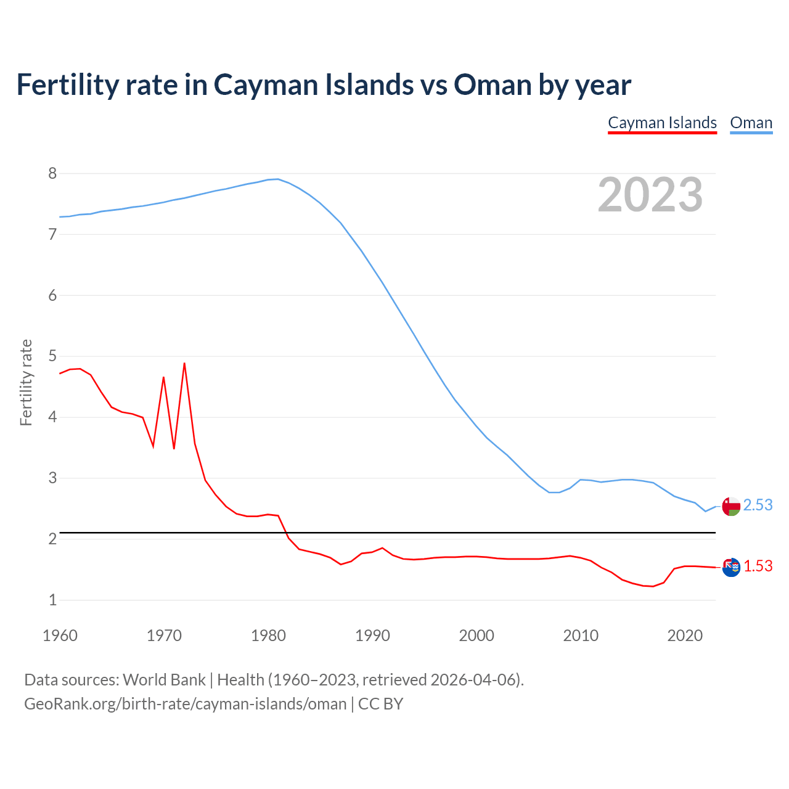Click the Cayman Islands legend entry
(x=662, y=123)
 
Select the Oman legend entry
(x=751, y=123)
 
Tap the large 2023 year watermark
(x=650, y=195)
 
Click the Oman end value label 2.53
(x=758, y=505)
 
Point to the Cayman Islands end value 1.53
(x=758, y=566)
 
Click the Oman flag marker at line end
(x=731, y=507)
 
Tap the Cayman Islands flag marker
(x=731, y=567)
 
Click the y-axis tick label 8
(x=52, y=174)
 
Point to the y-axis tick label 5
(x=52, y=356)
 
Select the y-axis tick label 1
(x=52, y=600)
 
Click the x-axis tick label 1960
(x=60, y=636)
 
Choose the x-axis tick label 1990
(x=372, y=636)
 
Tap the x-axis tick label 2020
(x=685, y=636)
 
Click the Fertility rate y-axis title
(x=26, y=382)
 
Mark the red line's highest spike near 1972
(x=184, y=364)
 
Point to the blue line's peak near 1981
(x=278, y=179)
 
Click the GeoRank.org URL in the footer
(x=185, y=703)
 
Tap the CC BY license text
(x=380, y=703)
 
